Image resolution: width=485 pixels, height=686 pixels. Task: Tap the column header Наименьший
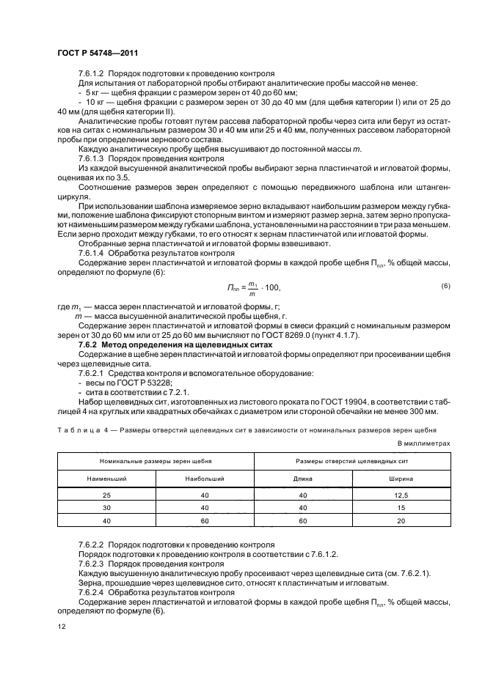pyautogui.click(x=106, y=478)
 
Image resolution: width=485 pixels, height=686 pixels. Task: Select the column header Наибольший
pyautogui.click(x=205, y=478)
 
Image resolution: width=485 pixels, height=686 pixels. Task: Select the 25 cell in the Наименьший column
pyautogui.click(x=106, y=495)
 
